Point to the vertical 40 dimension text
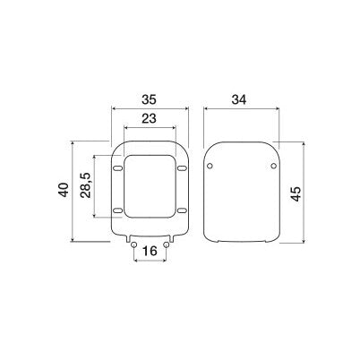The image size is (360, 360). (63, 191)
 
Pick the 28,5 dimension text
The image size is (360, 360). (85, 190)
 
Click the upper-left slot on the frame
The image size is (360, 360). (118, 167)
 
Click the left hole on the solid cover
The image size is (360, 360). (210, 167)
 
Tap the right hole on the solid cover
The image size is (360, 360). (271, 167)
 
